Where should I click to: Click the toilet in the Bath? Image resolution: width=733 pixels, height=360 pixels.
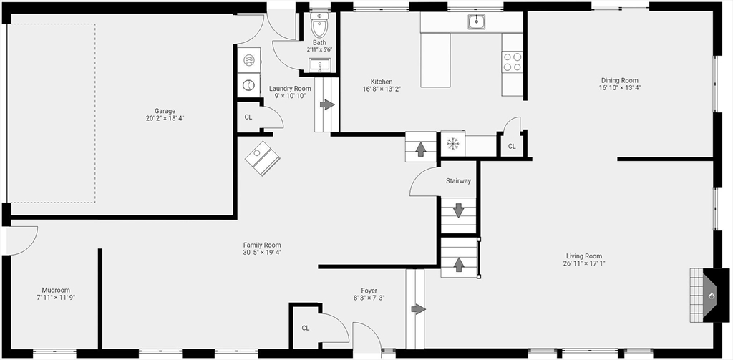[x=319, y=26]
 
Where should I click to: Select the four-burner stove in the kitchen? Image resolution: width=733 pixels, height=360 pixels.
[x=512, y=62]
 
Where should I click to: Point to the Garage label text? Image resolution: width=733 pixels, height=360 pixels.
[x=165, y=111]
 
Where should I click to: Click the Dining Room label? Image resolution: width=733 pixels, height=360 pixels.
[x=619, y=81]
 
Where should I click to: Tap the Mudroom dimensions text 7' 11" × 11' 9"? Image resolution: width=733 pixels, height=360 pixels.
[x=57, y=297]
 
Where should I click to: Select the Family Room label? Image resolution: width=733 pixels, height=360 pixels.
[x=262, y=245]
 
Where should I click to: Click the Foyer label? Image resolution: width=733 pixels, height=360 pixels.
[x=369, y=291]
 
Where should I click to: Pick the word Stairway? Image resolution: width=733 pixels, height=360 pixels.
[x=458, y=181]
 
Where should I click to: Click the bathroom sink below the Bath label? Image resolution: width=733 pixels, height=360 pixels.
[x=319, y=66]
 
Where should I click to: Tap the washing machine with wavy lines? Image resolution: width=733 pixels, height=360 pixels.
[x=248, y=62]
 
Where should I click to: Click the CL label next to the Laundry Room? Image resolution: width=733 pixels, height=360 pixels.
[x=248, y=117]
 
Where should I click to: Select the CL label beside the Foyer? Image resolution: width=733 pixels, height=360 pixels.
[x=305, y=328]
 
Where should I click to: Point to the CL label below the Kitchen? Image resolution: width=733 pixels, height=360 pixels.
[x=511, y=146]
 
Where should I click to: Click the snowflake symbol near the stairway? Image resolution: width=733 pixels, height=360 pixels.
[x=452, y=144]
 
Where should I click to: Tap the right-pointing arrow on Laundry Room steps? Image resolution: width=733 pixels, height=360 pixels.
[x=326, y=104]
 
